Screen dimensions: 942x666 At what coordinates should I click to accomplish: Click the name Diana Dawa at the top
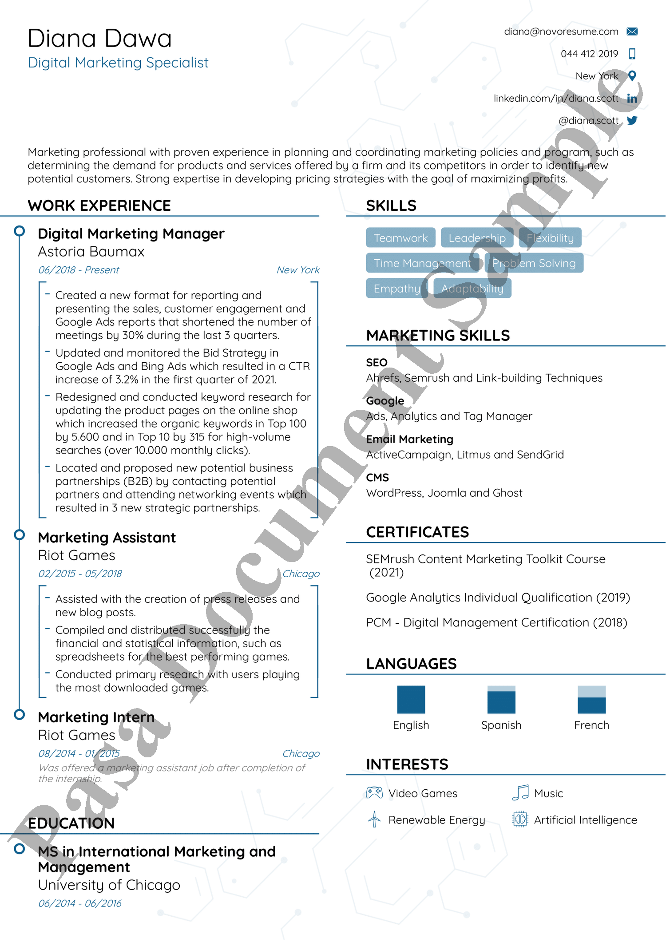(99, 39)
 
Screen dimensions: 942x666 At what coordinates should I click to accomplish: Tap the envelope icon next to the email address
(632, 32)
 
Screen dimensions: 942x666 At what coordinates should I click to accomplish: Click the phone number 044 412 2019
(589, 54)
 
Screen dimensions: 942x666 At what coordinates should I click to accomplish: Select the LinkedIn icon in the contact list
(632, 99)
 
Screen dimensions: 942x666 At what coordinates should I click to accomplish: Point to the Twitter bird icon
(632, 120)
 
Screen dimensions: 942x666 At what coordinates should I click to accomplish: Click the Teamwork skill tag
(400, 238)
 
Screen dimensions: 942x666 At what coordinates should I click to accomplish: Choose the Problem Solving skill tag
(534, 263)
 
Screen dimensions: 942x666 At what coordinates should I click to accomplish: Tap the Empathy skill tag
(396, 289)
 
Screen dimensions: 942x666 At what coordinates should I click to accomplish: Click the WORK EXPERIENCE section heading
(99, 206)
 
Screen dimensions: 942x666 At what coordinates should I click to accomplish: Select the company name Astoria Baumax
(91, 252)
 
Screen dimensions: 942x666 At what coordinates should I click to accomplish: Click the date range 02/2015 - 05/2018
(80, 574)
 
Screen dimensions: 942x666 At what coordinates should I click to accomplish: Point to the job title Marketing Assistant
(107, 538)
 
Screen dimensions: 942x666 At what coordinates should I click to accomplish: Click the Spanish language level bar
(501, 700)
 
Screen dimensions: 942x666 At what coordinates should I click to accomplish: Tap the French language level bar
(591, 700)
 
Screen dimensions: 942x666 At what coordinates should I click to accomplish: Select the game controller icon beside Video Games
(374, 793)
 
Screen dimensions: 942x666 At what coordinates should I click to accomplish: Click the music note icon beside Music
(520, 792)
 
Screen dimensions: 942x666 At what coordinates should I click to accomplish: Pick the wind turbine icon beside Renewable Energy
(374, 819)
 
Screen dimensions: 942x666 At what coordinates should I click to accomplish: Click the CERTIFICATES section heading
(417, 532)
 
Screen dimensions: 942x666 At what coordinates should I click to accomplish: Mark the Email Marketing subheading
(409, 439)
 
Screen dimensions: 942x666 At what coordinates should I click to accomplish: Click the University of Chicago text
(109, 885)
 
